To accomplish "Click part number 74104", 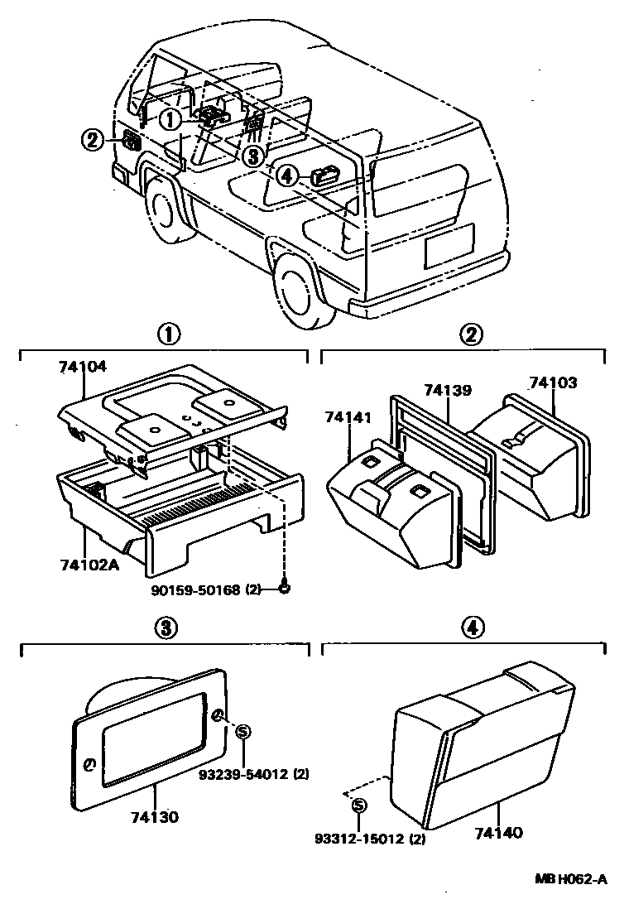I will [84, 365].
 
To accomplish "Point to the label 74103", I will [554, 382].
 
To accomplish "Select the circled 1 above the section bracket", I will [168, 334].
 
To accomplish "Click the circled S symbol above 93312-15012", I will [358, 806].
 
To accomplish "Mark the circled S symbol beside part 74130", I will [242, 730].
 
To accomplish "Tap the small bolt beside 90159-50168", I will [284, 588].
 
